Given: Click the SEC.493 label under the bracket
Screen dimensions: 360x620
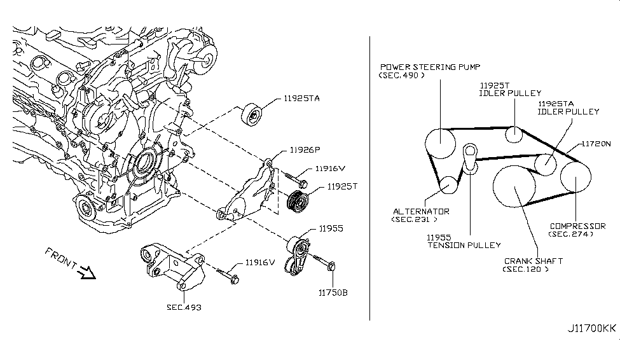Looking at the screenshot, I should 184,307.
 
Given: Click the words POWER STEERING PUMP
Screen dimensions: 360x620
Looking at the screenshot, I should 430,66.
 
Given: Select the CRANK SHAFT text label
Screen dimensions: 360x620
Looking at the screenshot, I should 534,261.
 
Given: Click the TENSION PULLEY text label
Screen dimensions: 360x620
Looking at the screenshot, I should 464,245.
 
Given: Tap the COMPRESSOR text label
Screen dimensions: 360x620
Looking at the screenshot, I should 575,225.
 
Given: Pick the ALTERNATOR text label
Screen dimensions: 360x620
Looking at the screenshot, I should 421,211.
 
